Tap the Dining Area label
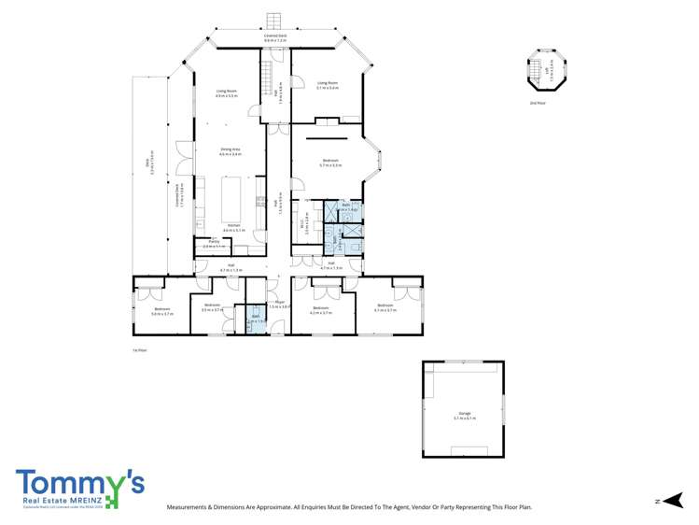231,152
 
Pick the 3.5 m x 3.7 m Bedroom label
212,307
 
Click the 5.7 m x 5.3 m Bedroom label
330,163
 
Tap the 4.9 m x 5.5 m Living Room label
227,93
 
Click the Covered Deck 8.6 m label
275,38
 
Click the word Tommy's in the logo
79,482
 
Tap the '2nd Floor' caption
536,103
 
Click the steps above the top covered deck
273,21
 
